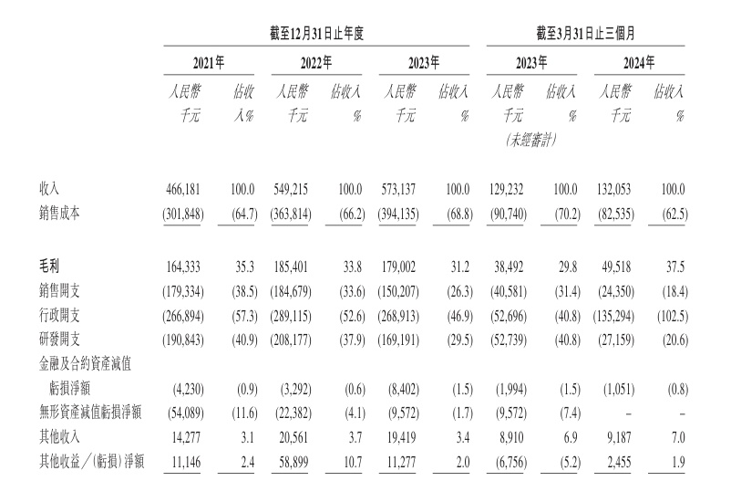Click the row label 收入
coord(49,189)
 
